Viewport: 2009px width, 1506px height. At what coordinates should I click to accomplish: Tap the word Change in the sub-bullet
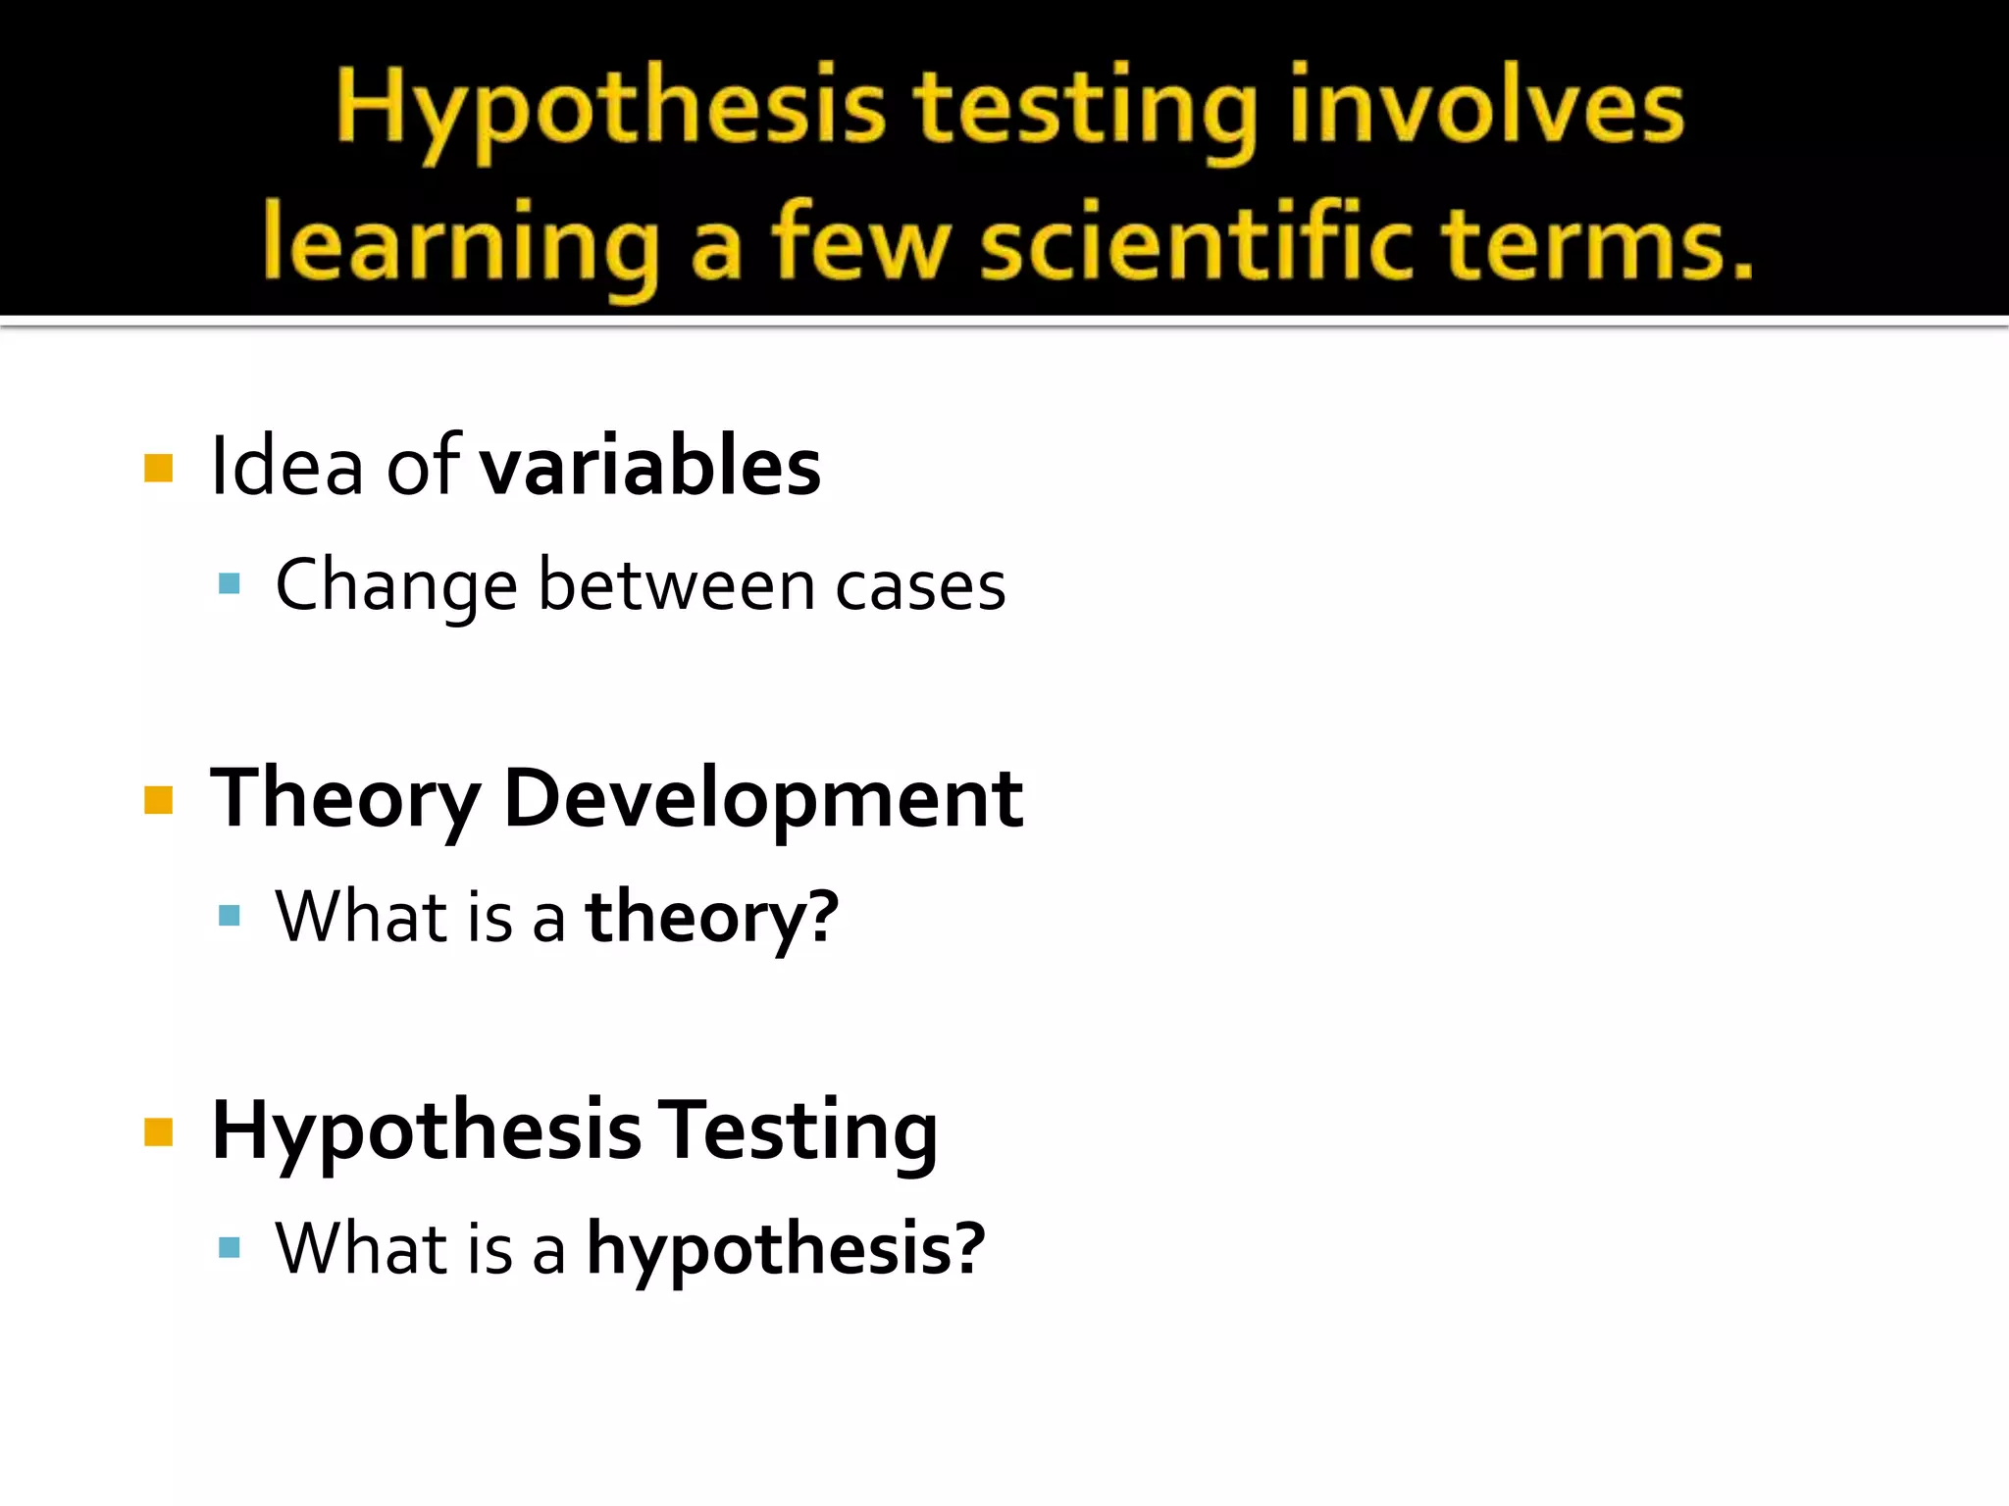[395, 585]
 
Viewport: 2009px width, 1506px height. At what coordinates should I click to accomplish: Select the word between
[677, 585]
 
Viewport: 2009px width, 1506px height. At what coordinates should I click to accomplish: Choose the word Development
[763, 800]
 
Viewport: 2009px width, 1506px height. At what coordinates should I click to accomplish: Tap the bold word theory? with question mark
[712, 918]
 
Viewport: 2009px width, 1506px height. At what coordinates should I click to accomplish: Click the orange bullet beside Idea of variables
[158, 468]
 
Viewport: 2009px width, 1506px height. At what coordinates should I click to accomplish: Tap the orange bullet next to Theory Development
[158, 800]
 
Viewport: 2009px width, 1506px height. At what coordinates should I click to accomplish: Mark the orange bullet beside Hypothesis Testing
[158, 1131]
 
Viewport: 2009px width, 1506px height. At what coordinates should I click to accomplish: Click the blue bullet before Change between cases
[230, 584]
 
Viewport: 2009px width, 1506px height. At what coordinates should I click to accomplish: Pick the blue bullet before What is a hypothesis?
[230, 1247]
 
